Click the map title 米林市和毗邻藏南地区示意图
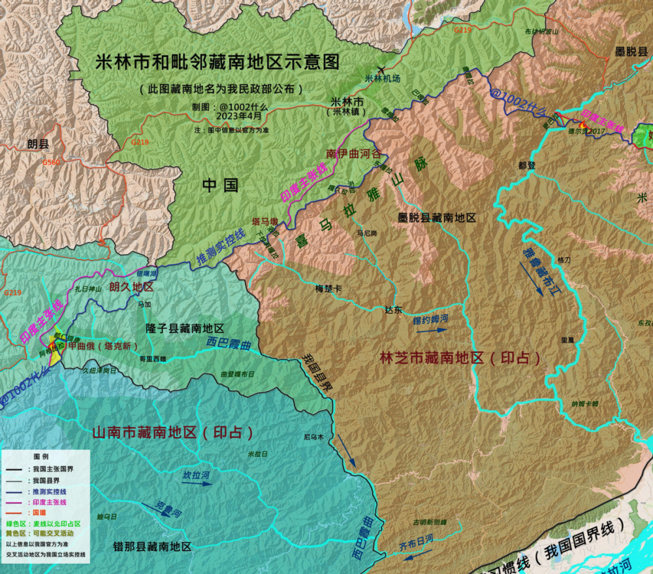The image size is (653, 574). pyautogui.click(x=217, y=62)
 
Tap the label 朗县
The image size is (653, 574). pyautogui.click(x=39, y=144)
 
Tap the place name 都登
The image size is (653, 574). pyautogui.click(x=526, y=165)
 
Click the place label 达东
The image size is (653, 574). pyautogui.click(x=394, y=310)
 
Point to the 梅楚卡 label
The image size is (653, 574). pyautogui.click(x=328, y=288)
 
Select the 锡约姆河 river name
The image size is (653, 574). pyautogui.click(x=430, y=319)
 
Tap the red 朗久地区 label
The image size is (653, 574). pyautogui.click(x=131, y=287)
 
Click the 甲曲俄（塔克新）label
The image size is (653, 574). pyautogui.click(x=104, y=346)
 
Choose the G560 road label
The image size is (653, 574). pyautogui.click(x=51, y=161)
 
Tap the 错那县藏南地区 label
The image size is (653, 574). pyautogui.click(x=152, y=547)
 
